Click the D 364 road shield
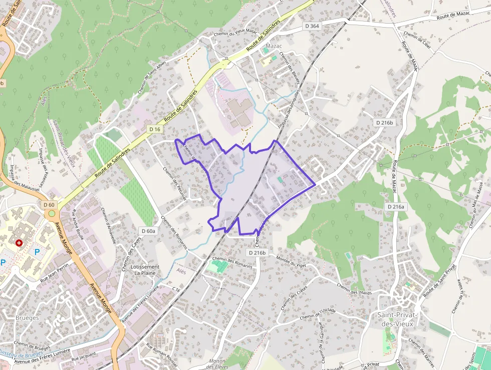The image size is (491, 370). pyautogui.click(x=312, y=26)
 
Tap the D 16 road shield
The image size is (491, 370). pyautogui.click(x=154, y=129)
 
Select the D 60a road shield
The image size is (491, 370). pyautogui.click(x=148, y=231)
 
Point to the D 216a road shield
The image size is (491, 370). pyautogui.click(x=396, y=206)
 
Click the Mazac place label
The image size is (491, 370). pyautogui.click(x=274, y=46)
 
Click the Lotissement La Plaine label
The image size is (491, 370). pyautogui.click(x=145, y=270)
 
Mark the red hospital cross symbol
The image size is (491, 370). pyautogui.click(x=19, y=242)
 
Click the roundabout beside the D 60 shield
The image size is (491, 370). pyautogui.click(x=51, y=213)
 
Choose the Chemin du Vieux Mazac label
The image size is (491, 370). pyautogui.click(x=235, y=32)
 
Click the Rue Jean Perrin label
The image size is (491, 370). pyautogui.click(x=54, y=273)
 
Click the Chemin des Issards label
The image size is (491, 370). pyautogui.click(x=354, y=289)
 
